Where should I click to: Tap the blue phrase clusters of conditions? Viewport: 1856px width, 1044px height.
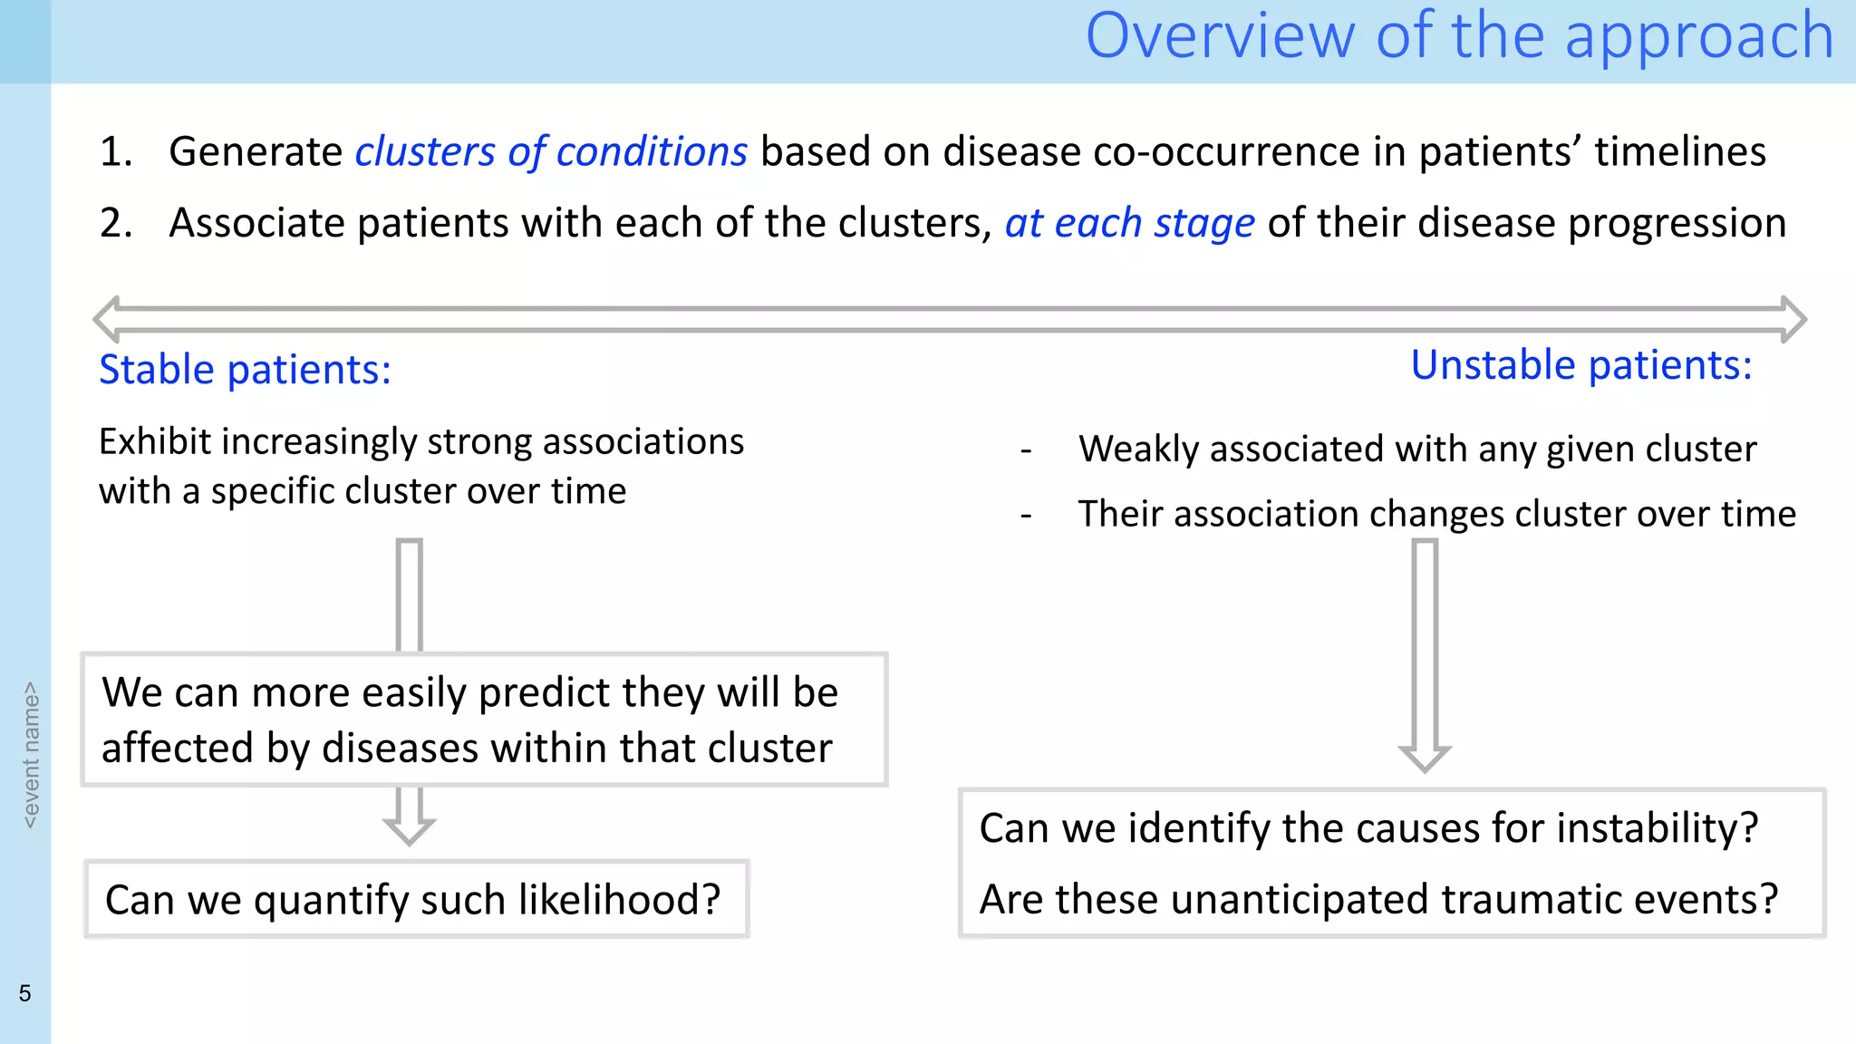tap(550, 151)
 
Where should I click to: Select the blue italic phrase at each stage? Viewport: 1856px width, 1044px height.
tap(1129, 223)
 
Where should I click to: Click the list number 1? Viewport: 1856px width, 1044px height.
tap(116, 151)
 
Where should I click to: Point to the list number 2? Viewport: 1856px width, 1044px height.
tap(116, 223)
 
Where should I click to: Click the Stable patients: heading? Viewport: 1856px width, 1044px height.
tap(245, 370)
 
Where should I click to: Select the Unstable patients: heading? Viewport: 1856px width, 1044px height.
tap(1580, 365)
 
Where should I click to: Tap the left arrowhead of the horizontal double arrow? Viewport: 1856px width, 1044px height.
tap(108, 319)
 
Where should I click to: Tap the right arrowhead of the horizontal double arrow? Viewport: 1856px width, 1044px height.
tap(1793, 319)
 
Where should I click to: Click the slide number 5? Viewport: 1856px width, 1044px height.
tap(24, 993)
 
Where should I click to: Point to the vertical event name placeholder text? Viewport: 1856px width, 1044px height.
tap(31, 754)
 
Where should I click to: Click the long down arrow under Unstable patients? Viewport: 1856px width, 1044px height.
tap(1425, 652)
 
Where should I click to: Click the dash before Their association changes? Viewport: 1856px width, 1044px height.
tap(1026, 516)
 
